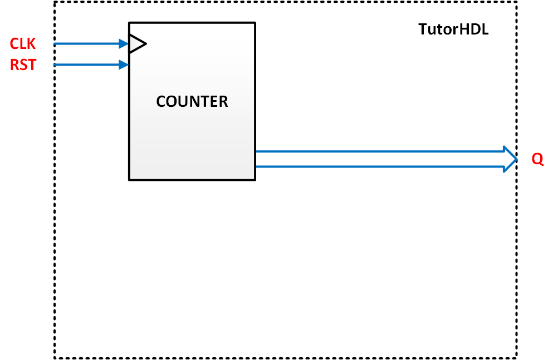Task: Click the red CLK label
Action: coord(23,43)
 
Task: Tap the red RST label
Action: coord(23,65)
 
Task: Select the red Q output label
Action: coord(537,159)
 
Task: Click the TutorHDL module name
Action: coord(453,30)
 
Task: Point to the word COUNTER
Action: coord(192,102)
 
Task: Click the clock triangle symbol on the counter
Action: coord(136,43)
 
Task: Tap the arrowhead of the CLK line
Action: coord(124,43)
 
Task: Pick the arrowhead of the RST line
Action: coord(124,65)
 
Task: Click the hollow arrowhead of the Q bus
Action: coord(510,159)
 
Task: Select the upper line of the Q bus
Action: coord(379,151)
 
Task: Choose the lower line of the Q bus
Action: coord(379,166)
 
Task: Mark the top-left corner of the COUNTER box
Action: coord(129,23)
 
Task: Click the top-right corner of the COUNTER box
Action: coord(255,23)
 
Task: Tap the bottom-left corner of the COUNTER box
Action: coord(129,180)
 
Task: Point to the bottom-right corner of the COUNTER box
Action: coord(255,180)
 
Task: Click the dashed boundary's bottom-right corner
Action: coord(517,358)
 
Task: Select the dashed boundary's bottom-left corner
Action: coord(55,358)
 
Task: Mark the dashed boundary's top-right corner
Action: coord(517,2)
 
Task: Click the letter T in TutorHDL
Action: coord(423,30)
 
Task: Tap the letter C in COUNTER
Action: coord(162,102)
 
